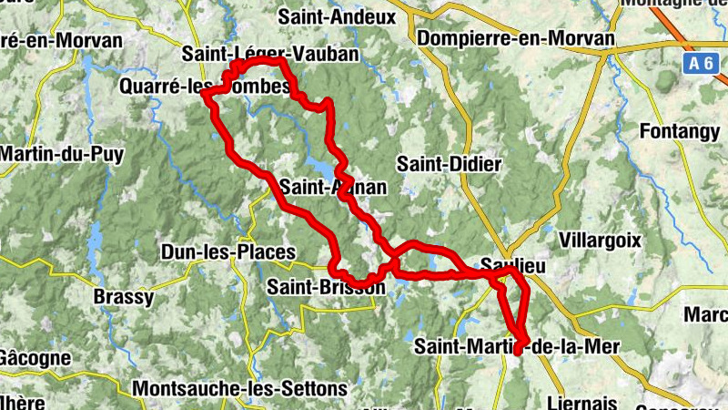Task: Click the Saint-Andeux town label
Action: tap(338, 16)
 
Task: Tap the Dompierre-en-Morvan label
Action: tap(516, 39)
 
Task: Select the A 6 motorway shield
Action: tap(697, 63)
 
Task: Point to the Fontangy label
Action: tap(680, 131)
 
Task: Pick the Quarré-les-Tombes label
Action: tap(205, 87)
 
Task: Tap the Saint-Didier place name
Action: tap(450, 164)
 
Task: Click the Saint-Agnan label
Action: tap(333, 188)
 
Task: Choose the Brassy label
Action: tap(124, 296)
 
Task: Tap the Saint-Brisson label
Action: tap(326, 288)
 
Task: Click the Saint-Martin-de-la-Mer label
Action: tap(516, 346)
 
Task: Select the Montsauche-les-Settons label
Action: tap(239, 388)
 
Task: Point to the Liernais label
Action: tap(584, 402)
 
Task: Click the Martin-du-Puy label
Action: tap(62, 154)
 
